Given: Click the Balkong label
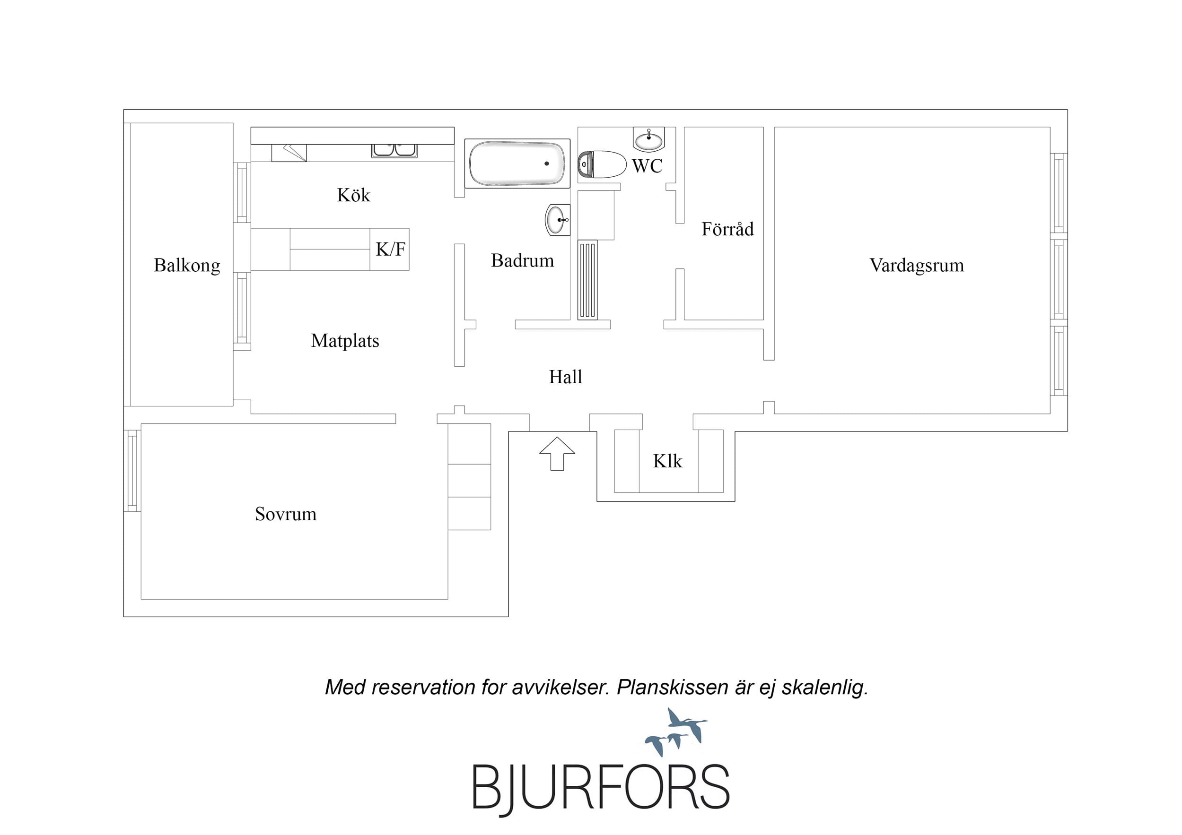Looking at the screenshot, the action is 187,266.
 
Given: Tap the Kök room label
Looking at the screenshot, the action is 354,195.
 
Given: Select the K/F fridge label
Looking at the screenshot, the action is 390,249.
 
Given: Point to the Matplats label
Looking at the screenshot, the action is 345,341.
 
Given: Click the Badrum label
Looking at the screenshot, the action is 523,260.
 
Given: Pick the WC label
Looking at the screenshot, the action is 647,166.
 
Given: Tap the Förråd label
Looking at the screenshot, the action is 727,228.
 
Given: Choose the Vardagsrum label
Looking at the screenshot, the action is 917,266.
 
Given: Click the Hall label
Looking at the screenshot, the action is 565,377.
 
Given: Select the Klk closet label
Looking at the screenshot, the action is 668,461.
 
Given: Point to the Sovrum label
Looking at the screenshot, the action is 286,514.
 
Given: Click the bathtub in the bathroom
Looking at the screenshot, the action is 517,164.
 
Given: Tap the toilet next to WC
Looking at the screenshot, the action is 601,164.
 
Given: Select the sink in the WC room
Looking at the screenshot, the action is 648,139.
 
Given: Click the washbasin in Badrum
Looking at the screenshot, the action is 558,220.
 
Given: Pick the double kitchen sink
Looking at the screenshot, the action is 394,150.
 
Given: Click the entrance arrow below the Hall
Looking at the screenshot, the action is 557,454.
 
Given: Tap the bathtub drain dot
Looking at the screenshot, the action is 547,164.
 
